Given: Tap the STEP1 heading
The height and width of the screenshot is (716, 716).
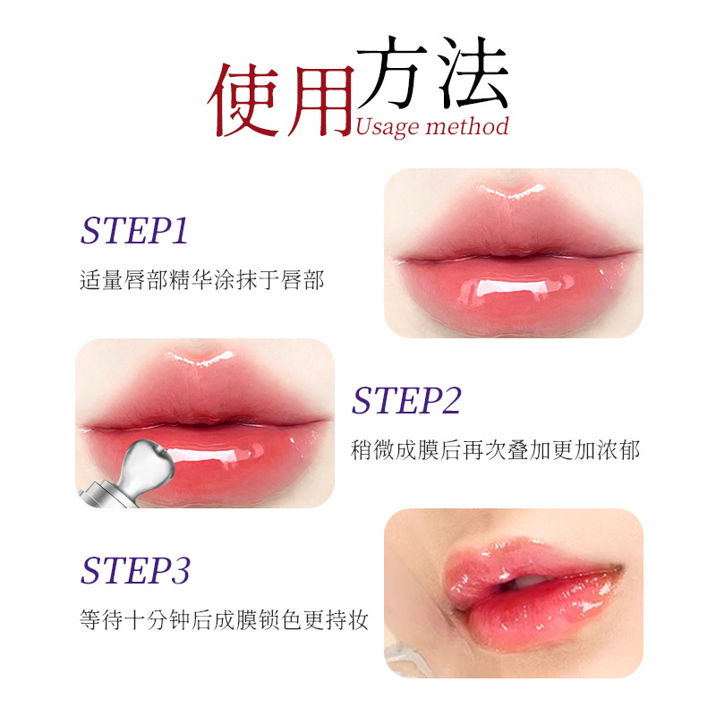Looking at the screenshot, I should (134, 231).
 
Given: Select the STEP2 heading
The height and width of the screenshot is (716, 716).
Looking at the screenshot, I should (405, 401).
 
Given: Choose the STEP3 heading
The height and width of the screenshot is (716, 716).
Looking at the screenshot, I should (135, 570).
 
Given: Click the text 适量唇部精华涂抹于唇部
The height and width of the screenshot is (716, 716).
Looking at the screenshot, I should (201, 280).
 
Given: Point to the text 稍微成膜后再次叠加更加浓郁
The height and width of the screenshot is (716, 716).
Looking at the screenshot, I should (495, 450).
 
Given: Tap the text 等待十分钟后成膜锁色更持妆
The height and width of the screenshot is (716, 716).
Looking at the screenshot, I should (223, 619).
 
